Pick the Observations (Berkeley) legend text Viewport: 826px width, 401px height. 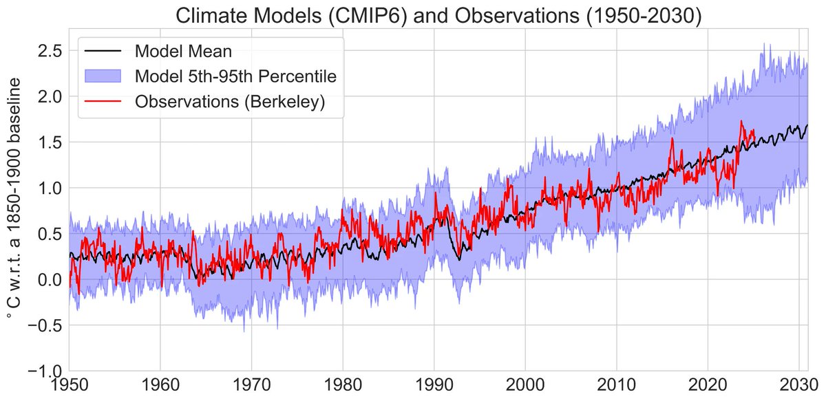click(x=230, y=100)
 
